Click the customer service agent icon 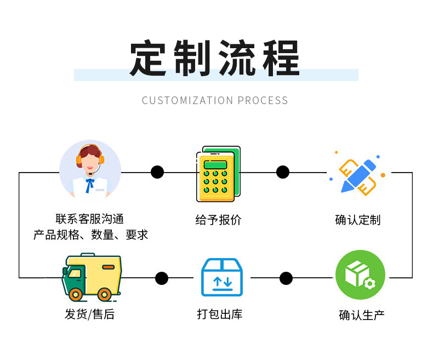[x=90, y=169]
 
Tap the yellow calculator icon [x=218, y=174]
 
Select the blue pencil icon [x=358, y=175]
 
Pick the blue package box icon [x=221, y=277]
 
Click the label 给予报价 [x=218, y=220]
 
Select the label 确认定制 [x=357, y=220]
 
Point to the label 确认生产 [x=361, y=315]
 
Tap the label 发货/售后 [x=89, y=314]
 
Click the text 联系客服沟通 [x=90, y=219]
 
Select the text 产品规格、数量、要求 [x=90, y=235]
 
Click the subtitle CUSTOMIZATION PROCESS [x=215, y=101]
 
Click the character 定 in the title [x=149, y=58]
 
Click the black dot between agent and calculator [x=157, y=172]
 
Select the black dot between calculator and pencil [x=283, y=172]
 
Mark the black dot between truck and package [x=161, y=278]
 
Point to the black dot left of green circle [x=286, y=278]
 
